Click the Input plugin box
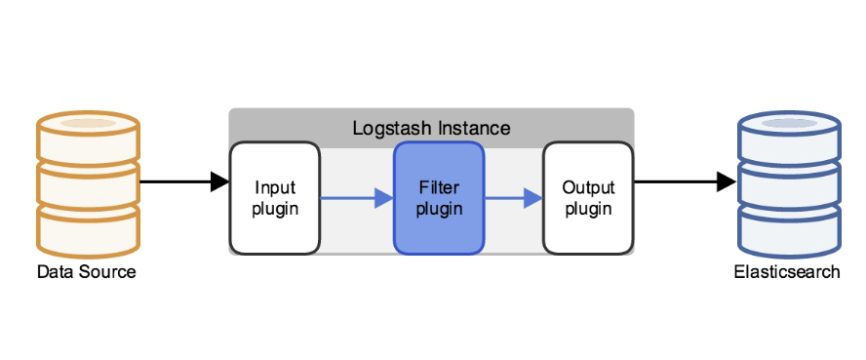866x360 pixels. point(275,198)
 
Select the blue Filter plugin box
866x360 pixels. point(439,198)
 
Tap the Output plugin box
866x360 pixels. point(588,198)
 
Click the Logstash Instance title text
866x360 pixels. point(431,129)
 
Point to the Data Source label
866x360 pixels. point(86,271)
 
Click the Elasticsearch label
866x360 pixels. point(787,271)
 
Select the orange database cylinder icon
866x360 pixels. point(89,183)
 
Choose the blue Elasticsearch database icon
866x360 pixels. point(789,183)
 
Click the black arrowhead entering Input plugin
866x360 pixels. point(220,181)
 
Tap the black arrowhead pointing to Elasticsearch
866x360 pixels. point(727,181)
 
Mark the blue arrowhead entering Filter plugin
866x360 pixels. point(384,198)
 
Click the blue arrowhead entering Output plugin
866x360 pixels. point(533,198)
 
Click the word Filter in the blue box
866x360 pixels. point(439,187)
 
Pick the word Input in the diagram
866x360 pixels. point(275,188)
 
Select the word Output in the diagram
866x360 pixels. point(588,187)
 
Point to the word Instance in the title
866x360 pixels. point(474,129)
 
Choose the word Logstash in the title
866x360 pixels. point(392,129)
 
